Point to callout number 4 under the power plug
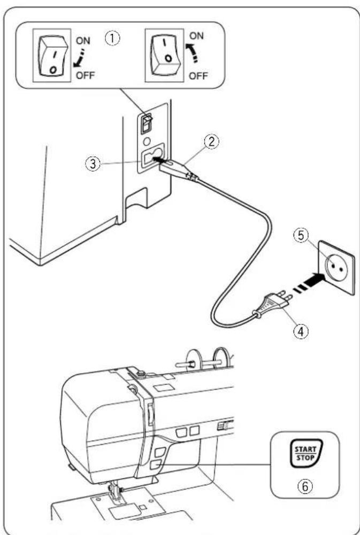coord(301,331)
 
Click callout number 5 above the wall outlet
coord(302,236)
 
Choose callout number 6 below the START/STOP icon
coord(305,486)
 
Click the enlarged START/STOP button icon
coord(305,453)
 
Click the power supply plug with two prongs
coord(273,304)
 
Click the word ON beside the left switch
coord(83,41)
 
